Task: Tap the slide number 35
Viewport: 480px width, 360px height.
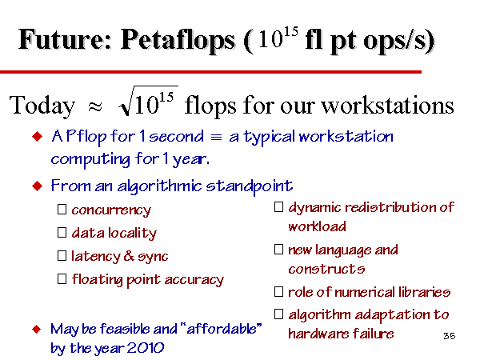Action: coord(450,336)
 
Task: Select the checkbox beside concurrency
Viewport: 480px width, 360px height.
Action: coord(62,210)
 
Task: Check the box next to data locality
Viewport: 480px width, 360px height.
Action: coord(62,233)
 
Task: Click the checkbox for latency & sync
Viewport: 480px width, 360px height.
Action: coord(62,256)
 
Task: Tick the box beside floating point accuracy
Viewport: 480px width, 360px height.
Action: coord(62,279)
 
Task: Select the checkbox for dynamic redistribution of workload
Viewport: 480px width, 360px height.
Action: coord(278,207)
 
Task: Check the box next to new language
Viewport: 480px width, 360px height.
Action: coord(278,250)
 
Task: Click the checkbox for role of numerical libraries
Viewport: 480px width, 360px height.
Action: coord(278,292)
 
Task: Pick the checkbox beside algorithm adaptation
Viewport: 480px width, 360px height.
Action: coord(278,314)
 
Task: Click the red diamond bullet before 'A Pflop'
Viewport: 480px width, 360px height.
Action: coord(38,136)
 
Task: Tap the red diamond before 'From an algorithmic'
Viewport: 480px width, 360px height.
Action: coord(38,186)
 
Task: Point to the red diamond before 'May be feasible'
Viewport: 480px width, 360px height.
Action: coord(37,330)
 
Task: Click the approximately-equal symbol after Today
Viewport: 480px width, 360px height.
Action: coord(94,107)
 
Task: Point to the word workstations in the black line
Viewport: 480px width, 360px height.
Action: coord(387,105)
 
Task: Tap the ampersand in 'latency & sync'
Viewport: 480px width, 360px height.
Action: coord(129,256)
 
